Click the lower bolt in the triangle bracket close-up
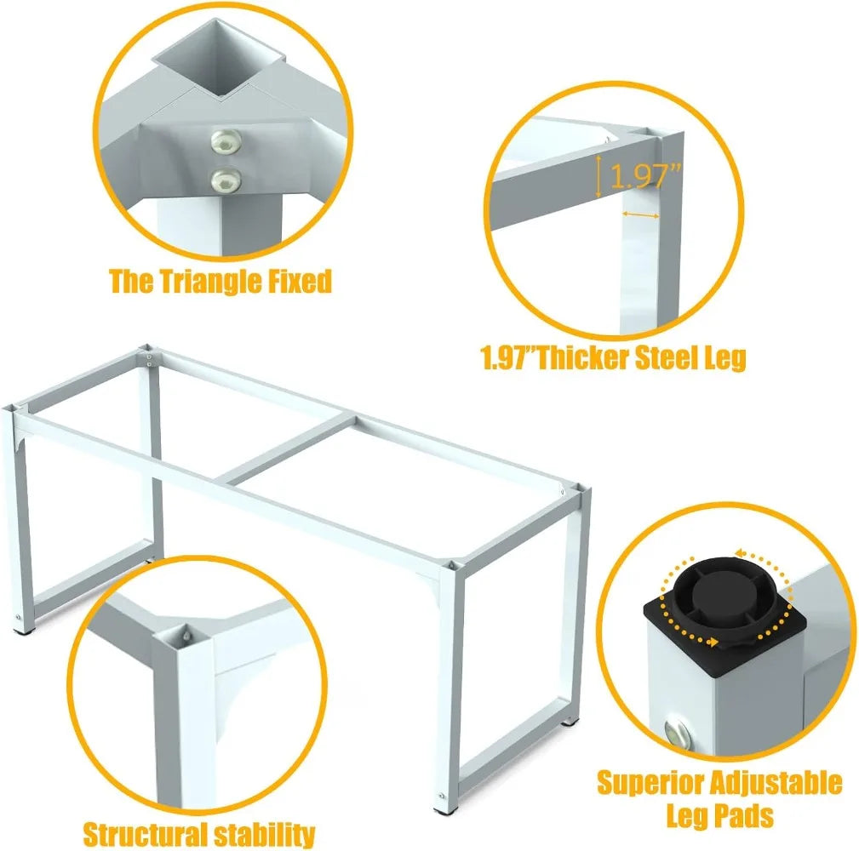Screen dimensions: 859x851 [x=226, y=180]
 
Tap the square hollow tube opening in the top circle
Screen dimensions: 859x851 [x=219, y=59]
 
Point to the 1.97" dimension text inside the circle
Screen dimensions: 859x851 [x=645, y=176]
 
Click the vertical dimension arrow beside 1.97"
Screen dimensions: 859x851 [x=598, y=176]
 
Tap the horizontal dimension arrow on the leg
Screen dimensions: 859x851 [x=641, y=215]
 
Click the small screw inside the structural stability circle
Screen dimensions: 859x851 [x=186, y=636]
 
